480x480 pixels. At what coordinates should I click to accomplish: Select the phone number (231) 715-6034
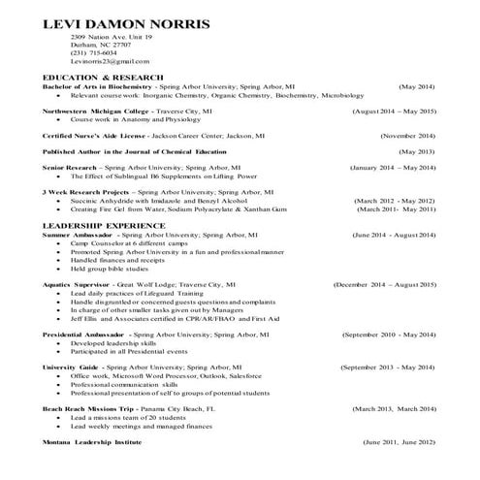[x=93, y=52]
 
